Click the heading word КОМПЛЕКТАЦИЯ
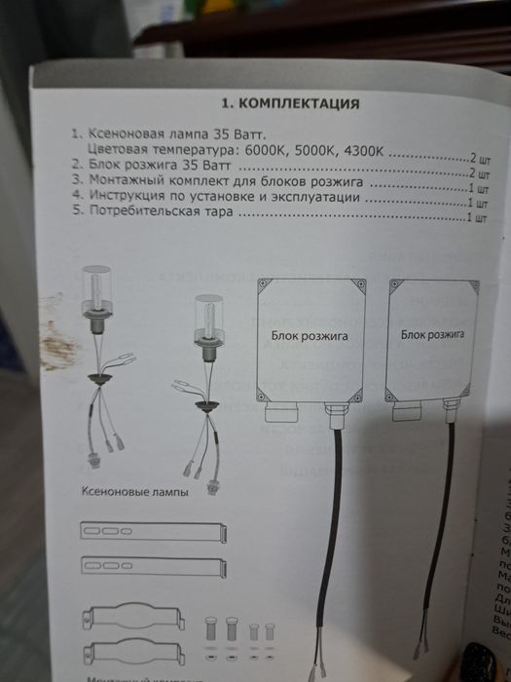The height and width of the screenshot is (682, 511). click(293, 103)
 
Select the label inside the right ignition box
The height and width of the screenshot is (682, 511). click(430, 333)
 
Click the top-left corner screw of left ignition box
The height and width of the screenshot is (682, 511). click(265, 285)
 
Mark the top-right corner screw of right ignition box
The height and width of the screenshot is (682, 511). click(473, 284)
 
